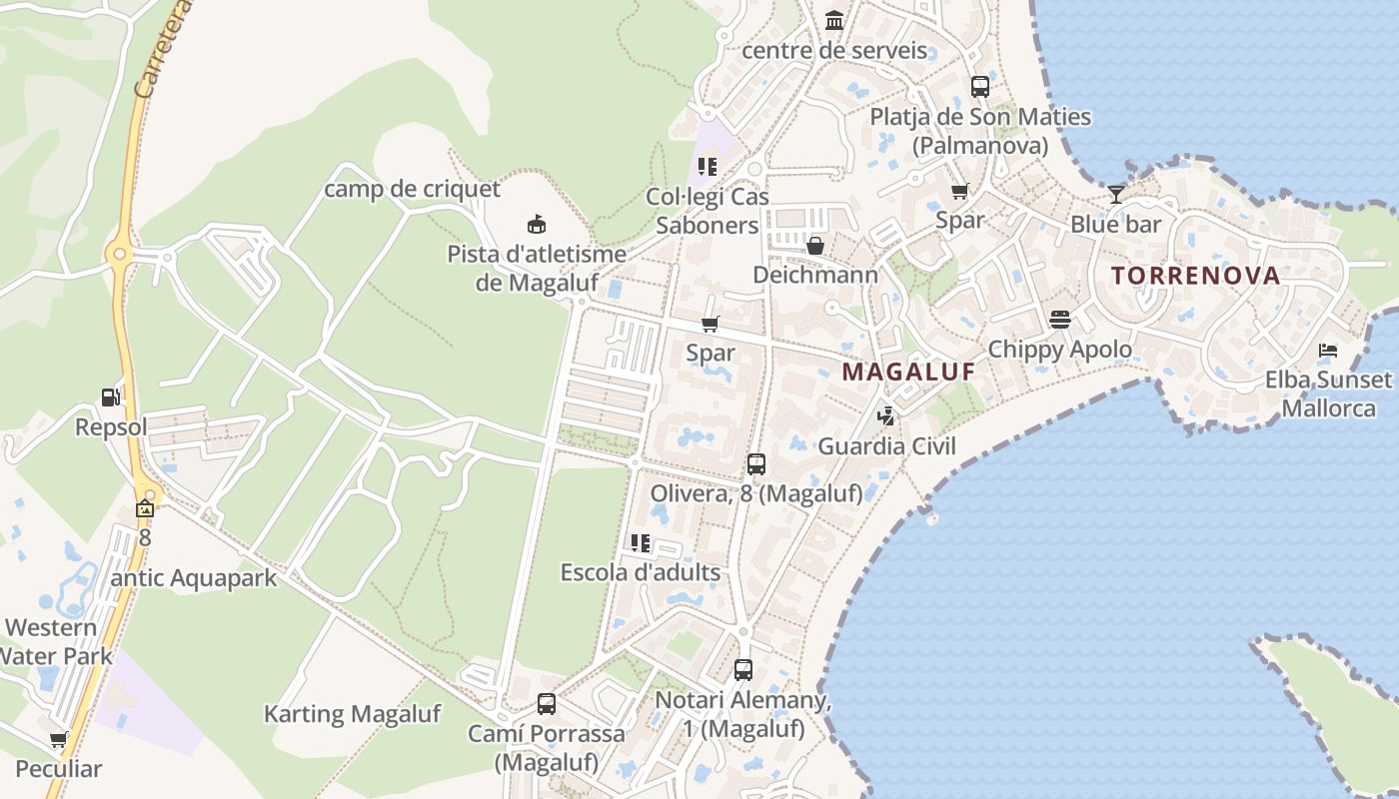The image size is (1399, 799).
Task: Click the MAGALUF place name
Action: [907, 373]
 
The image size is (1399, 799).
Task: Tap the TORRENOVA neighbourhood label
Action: [1195, 276]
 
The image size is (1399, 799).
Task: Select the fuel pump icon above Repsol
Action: [110, 398]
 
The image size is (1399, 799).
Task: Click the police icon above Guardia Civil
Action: [885, 414]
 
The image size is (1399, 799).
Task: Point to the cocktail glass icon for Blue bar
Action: [1116, 194]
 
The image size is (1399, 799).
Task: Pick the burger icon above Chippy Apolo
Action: [1059, 320]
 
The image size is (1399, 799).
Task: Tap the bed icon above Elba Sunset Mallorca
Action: [1328, 350]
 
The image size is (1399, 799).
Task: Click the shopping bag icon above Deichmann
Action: [815, 245]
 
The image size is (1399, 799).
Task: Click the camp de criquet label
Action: [412, 189]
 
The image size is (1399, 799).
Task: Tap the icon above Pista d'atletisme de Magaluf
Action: [537, 224]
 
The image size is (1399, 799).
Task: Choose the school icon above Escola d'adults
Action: [641, 543]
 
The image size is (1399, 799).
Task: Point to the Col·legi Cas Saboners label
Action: [707, 211]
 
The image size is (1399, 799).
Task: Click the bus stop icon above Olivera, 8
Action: [756, 464]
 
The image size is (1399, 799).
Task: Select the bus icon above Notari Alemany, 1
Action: [743, 670]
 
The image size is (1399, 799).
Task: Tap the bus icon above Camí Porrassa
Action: [547, 703]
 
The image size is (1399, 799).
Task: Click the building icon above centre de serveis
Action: [834, 20]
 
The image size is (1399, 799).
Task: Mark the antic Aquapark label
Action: [194, 578]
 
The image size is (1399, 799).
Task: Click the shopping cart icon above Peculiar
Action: [59, 740]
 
